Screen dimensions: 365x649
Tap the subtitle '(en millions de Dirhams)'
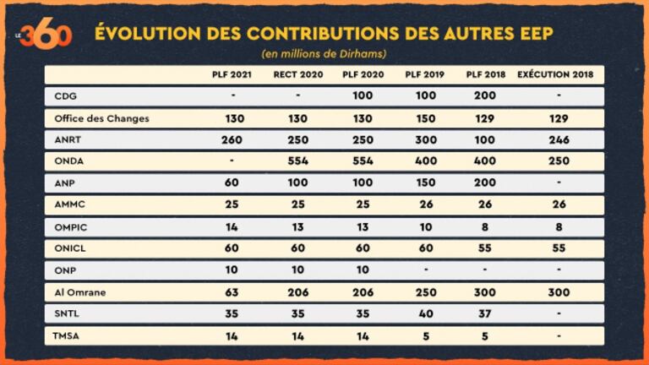(x=324, y=54)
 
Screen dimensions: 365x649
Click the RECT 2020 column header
(x=295, y=74)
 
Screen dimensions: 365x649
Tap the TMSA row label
(x=67, y=336)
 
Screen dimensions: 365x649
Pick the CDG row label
(x=64, y=96)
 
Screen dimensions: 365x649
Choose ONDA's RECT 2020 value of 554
(x=295, y=161)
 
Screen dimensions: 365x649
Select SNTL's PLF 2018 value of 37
(x=485, y=314)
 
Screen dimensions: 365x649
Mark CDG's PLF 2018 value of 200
(x=485, y=96)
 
